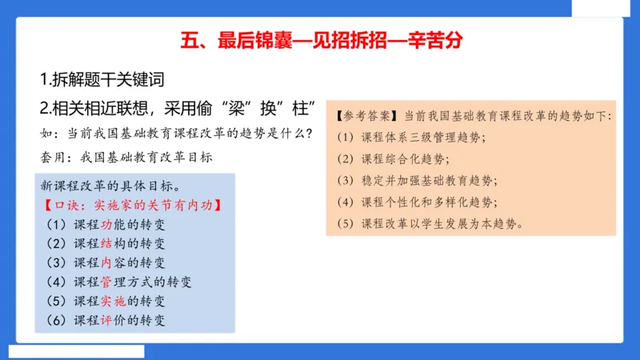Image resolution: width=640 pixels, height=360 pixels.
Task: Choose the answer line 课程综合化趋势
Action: coord(413,158)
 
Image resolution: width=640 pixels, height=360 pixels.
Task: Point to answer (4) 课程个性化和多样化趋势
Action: coord(432,202)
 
